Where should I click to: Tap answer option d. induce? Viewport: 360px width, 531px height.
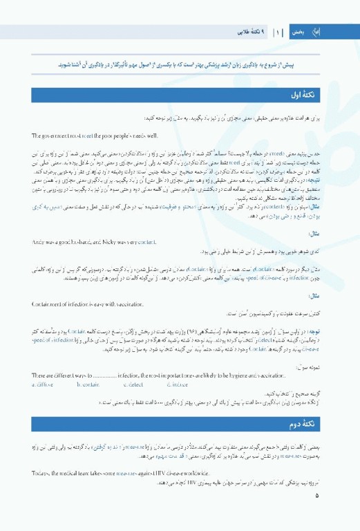pyautogui.click(x=176, y=384)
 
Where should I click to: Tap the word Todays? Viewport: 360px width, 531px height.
pyautogui.click(x=41, y=472)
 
